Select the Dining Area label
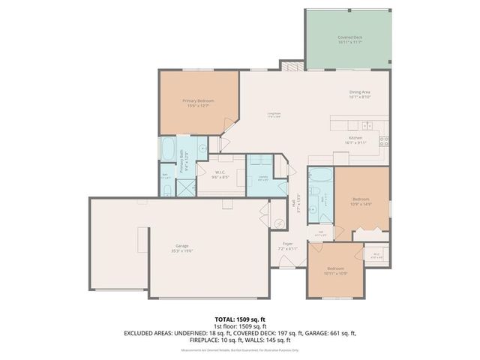click(x=360, y=94)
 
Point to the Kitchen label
click(x=355, y=139)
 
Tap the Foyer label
click(x=287, y=245)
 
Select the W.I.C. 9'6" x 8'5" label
click(x=220, y=177)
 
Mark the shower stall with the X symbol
click(x=185, y=187)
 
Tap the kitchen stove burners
click(x=384, y=139)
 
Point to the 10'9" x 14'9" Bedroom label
click(x=361, y=202)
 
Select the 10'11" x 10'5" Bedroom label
click(x=335, y=270)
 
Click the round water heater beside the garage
click(x=279, y=222)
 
